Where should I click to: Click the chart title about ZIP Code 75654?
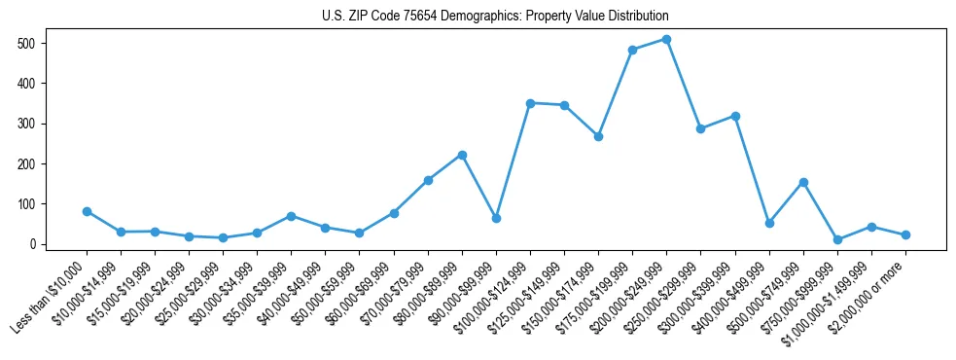[x=495, y=17]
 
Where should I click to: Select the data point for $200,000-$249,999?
[x=666, y=40]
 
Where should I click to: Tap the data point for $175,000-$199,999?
[x=632, y=50]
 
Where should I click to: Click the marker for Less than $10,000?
[x=87, y=211]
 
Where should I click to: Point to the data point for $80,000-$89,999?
[x=462, y=155]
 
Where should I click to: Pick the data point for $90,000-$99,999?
[x=496, y=218]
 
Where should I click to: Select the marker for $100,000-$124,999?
[x=530, y=103]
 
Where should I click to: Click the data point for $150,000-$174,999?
[x=598, y=136]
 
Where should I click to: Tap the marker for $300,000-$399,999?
[x=735, y=116]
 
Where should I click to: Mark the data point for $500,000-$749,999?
[x=803, y=182]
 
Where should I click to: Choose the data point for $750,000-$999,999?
[x=837, y=239]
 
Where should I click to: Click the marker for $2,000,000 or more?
[x=905, y=234]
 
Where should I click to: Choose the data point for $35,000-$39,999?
[x=291, y=216]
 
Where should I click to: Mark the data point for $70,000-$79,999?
[x=428, y=180]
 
